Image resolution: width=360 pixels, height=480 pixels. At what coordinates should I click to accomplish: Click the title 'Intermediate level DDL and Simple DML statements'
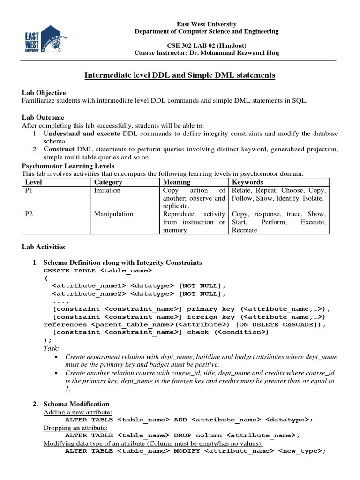(180, 75)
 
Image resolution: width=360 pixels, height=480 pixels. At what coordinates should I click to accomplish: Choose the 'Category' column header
(108, 182)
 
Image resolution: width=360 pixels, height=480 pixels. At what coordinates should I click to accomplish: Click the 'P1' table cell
(29, 190)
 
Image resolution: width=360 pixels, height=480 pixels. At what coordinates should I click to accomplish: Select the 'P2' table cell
(29, 214)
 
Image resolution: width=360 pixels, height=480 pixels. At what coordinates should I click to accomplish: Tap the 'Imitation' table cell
(107, 190)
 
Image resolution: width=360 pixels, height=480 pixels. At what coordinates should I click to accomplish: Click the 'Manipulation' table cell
(113, 214)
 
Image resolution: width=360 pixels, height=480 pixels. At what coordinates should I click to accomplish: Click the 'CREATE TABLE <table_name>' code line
(97, 270)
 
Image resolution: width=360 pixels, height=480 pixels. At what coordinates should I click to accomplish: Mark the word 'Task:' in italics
(51, 349)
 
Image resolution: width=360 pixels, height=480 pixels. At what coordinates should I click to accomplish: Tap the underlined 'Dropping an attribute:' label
(75, 427)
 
